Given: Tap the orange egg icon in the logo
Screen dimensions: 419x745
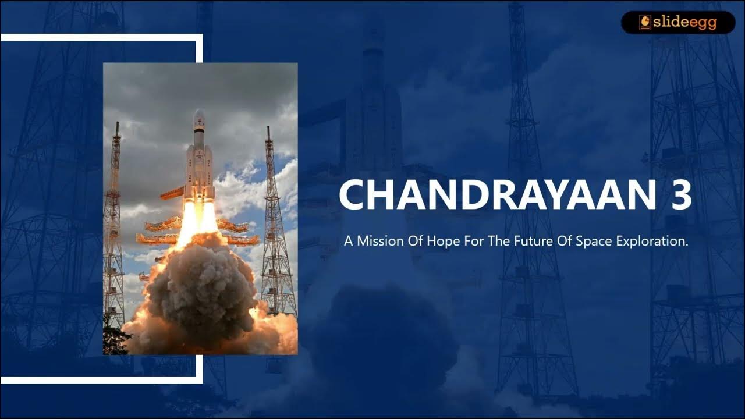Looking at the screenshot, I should point(645,22).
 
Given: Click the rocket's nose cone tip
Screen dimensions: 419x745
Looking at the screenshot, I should point(199,111).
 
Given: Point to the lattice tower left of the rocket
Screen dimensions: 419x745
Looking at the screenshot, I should point(114,233).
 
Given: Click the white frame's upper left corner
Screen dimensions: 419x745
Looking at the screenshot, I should point(3,37).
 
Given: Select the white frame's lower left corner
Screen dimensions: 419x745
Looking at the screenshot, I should point(3,380).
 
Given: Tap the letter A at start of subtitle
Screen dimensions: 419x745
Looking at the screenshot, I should point(348,241).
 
